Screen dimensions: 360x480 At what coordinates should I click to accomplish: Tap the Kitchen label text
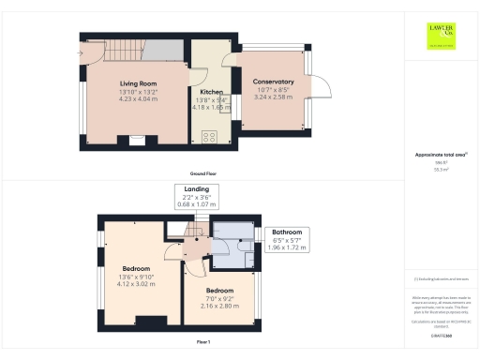tap(210, 92)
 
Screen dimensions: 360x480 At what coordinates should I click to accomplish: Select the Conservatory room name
tap(274, 82)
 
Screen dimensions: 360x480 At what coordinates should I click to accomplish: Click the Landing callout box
tap(198, 195)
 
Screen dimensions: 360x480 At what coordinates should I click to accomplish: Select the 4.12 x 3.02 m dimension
tap(138, 284)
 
